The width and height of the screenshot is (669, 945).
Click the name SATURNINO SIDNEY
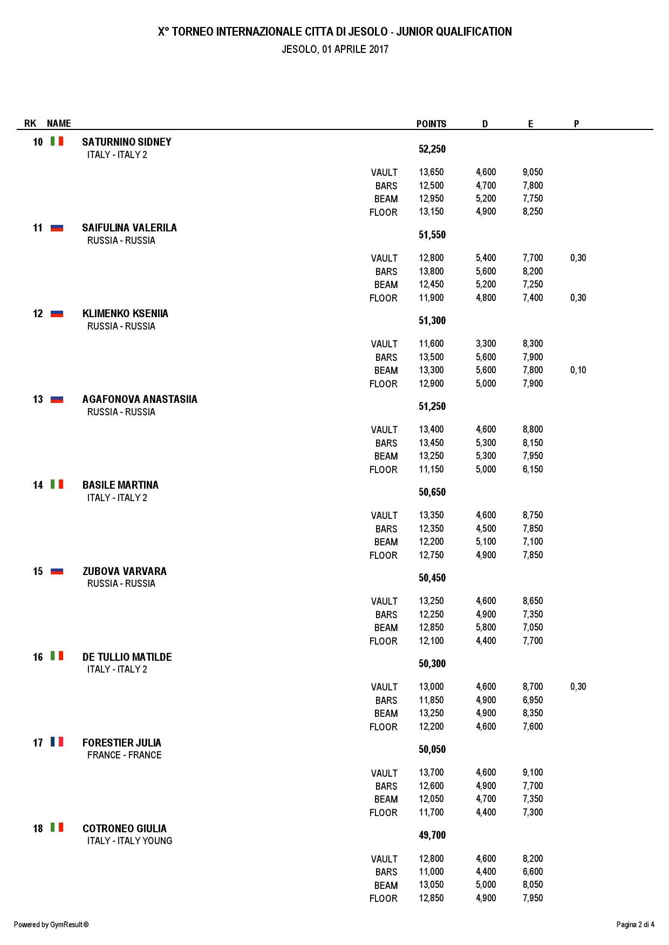point(127,142)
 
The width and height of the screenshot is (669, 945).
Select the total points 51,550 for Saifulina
point(432,235)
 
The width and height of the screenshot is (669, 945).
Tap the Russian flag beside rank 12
point(57,313)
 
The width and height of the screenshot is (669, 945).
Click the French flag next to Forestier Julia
point(57,742)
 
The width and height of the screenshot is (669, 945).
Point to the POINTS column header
point(431,124)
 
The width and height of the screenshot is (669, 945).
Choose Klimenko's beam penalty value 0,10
point(578,370)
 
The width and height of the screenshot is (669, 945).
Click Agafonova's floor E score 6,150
point(533,469)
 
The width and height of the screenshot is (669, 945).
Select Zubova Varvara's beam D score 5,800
point(486,627)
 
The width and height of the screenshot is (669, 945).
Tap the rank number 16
point(38,657)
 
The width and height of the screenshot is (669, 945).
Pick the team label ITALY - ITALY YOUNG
point(129,841)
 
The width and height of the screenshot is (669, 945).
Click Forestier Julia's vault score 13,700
point(431,772)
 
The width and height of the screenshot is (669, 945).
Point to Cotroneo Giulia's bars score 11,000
point(431,872)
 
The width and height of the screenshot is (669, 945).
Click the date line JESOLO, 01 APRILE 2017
point(335,50)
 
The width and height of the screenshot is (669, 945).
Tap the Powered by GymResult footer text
point(51,925)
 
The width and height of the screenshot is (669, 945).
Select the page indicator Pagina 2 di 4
point(635,925)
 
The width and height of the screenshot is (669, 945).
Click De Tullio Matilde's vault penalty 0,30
point(578,687)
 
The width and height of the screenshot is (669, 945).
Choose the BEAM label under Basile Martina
point(386,542)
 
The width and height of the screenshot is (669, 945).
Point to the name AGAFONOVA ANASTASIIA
point(140,399)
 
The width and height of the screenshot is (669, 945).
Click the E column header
point(531,124)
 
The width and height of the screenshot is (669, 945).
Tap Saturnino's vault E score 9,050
point(533,172)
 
